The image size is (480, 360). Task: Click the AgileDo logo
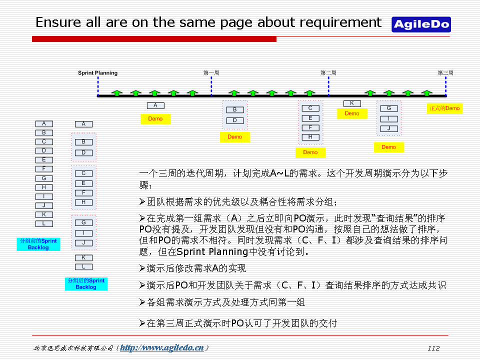pos(421,24)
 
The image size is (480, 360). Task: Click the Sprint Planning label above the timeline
pos(97,73)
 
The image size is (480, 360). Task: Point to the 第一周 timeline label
pos(211,73)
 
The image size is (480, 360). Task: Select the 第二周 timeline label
pos(328,73)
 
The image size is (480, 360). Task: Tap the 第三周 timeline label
pos(445,73)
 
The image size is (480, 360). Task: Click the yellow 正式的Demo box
pos(444,108)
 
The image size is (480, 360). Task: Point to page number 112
pos(433,348)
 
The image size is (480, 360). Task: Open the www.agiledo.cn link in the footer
pos(162,348)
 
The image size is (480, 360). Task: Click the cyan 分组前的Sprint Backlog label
pos(38,244)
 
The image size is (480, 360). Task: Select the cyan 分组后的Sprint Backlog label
pos(86,284)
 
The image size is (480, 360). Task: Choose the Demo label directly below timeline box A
pos(155,119)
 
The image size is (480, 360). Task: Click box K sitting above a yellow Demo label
pos(352,103)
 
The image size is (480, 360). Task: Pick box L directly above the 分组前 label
pos(44,223)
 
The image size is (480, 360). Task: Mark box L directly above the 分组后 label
pos(83,266)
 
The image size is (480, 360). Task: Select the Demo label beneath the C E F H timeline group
pos(310,152)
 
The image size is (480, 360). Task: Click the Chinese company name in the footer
pos(73,348)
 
